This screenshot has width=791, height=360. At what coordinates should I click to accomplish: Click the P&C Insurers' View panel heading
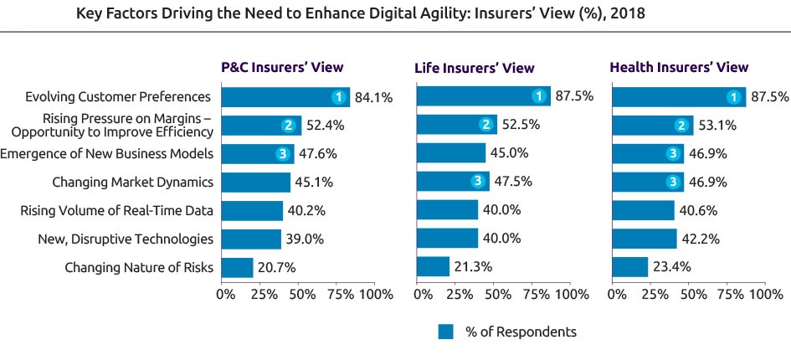pos(281,68)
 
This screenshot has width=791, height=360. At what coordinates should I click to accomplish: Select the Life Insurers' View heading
pos(475,68)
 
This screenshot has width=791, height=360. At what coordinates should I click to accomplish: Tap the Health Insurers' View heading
pos(679,68)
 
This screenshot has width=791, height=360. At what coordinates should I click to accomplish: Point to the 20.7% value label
pos(275,268)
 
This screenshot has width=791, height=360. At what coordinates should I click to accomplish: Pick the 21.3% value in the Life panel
pos(470,268)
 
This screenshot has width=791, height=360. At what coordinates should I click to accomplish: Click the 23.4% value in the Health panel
pos(670,268)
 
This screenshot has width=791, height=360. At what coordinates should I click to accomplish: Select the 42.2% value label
pos(698,239)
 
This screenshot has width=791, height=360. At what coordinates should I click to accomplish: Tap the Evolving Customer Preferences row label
pos(118,97)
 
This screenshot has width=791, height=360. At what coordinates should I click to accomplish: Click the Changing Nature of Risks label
pos(139,268)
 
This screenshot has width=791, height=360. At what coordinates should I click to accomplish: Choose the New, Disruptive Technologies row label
pos(126,239)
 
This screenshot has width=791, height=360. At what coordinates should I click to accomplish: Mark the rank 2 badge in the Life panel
pos(485,126)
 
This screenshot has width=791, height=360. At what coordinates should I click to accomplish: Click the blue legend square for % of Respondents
pos(445,332)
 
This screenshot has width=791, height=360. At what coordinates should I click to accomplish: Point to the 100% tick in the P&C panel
pos(376,295)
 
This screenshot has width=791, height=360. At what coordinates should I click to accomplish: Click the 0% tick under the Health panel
pos(618,295)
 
